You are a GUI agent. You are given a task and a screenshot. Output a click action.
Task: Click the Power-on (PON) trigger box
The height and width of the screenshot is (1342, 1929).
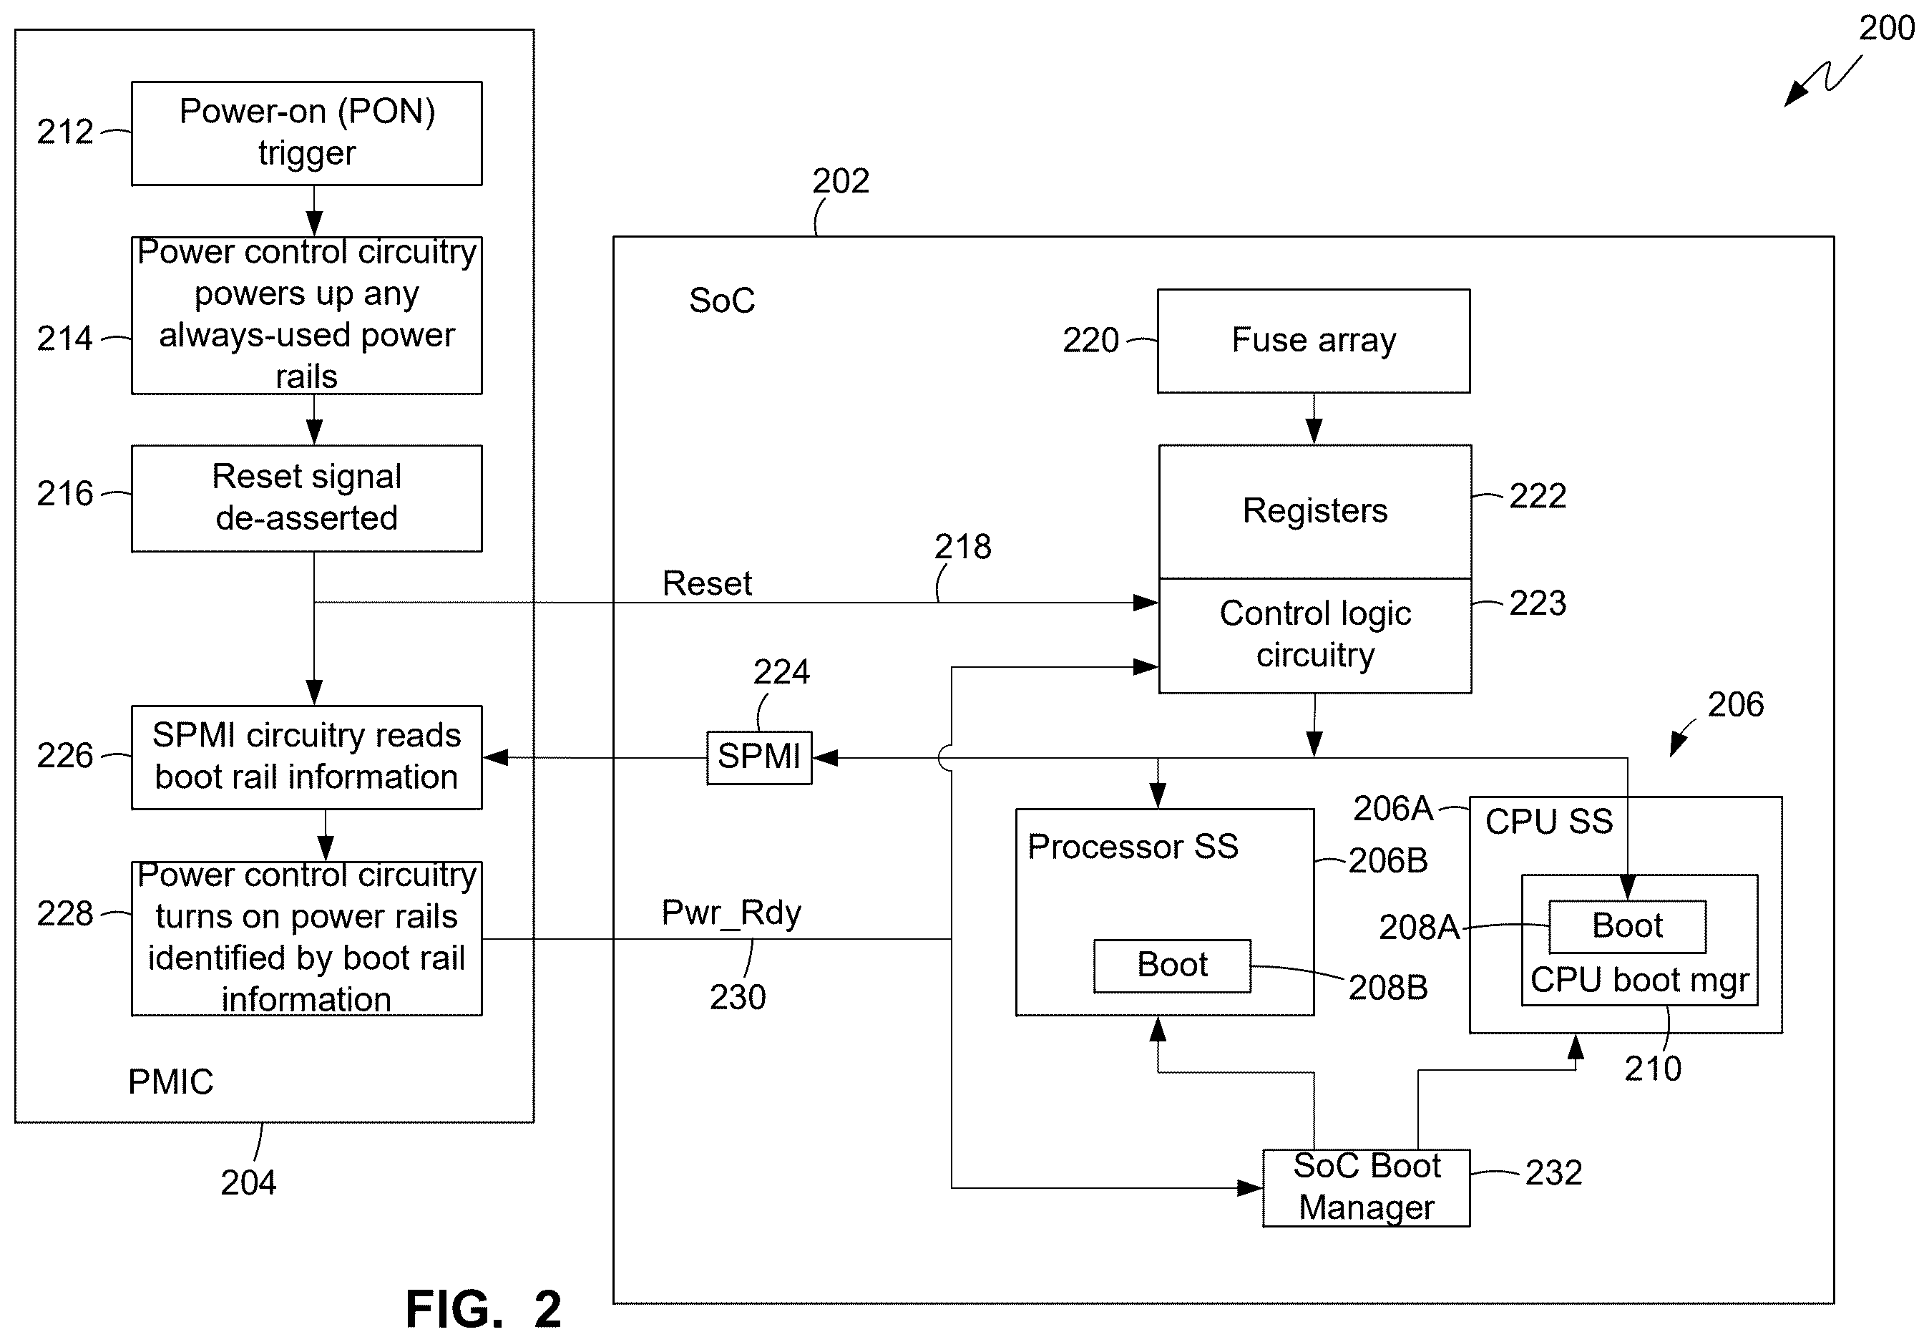[x=307, y=134]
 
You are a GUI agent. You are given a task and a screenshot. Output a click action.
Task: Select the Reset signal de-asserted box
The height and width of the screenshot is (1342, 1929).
[x=307, y=498]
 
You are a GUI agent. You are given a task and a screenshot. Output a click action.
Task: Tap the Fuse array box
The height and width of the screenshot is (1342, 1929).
[x=1314, y=341]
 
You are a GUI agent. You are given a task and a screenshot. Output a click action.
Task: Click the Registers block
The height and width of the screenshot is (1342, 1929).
[x=1315, y=512]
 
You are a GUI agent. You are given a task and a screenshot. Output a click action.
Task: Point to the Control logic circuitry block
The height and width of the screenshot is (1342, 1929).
[x=1315, y=636]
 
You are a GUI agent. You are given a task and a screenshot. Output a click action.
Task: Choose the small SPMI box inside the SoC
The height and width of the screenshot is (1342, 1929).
[x=759, y=757]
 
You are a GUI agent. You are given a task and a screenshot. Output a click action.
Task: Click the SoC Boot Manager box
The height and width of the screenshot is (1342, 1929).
[x=1367, y=1187]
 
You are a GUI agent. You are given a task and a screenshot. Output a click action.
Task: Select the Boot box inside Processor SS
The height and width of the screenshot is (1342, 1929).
[x=1172, y=966]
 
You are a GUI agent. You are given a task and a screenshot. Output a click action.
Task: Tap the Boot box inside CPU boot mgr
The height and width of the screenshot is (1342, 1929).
[x=1627, y=926]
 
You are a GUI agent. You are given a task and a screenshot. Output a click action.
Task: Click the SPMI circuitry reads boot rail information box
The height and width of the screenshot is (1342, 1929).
[x=307, y=757]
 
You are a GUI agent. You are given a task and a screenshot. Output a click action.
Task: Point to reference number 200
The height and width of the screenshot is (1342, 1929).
[x=1886, y=29]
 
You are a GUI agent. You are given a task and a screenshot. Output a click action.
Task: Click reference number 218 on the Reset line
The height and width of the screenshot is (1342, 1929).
[x=963, y=547]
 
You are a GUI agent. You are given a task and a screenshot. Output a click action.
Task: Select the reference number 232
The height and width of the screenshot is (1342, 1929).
[x=1553, y=1172]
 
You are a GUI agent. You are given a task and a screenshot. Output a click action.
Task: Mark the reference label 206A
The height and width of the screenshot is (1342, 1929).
[x=1393, y=808]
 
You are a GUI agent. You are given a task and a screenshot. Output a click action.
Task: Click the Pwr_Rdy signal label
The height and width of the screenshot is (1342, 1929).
[x=731, y=913]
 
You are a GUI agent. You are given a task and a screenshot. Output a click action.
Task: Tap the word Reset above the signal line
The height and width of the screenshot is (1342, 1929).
[x=707, y=583]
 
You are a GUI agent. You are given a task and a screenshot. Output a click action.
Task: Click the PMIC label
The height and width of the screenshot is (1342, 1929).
[x=170, y=1081]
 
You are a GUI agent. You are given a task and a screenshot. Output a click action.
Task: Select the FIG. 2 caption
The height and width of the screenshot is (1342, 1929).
[x=484, y=1308]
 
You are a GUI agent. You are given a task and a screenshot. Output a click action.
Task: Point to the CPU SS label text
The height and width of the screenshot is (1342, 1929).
[x=1548, y=821]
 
